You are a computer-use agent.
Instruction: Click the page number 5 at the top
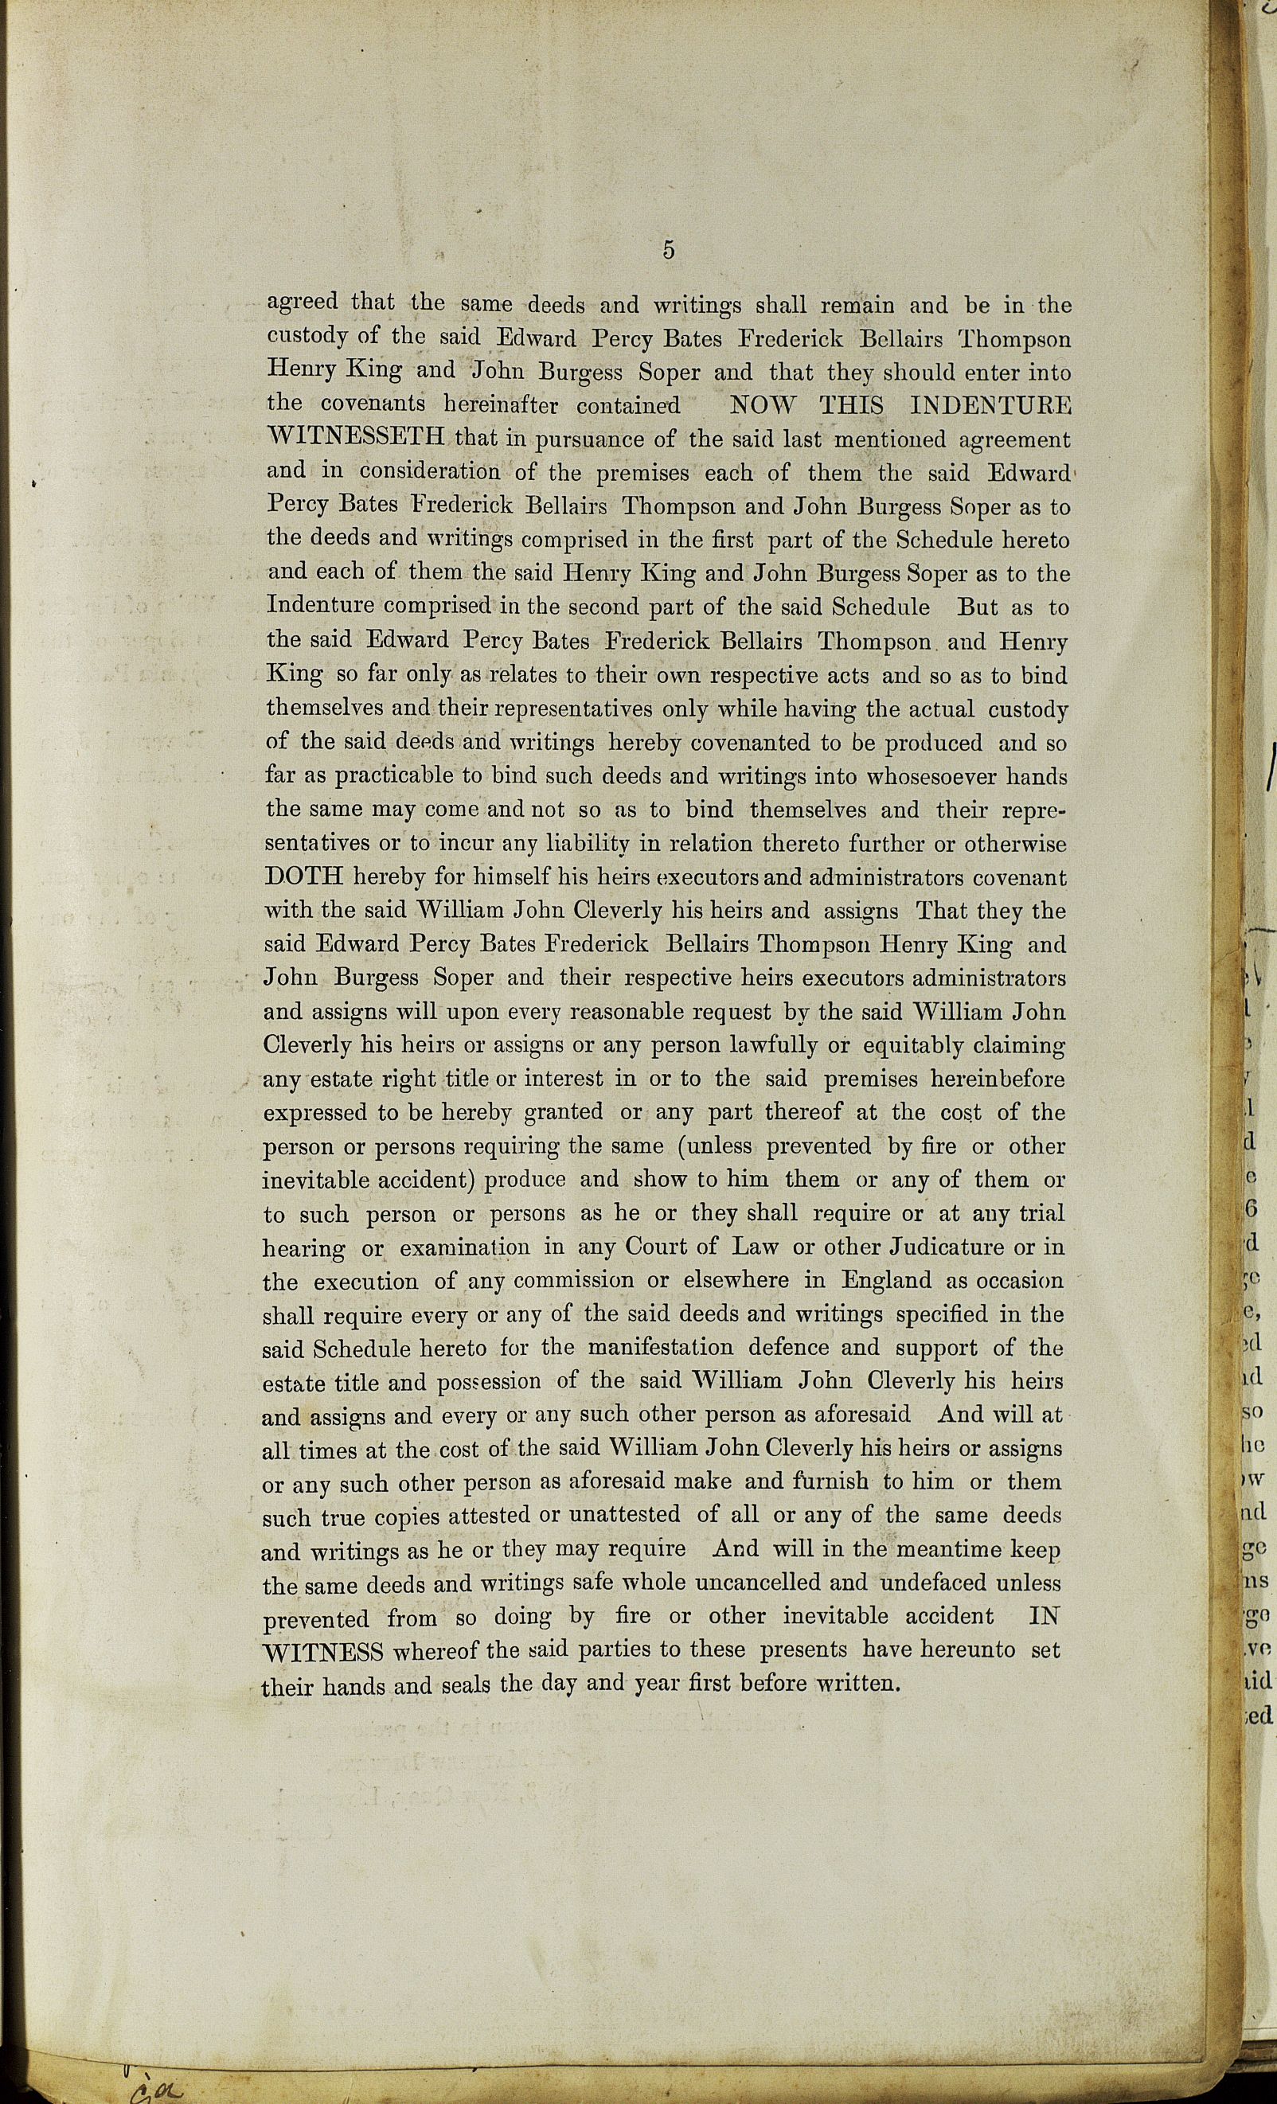668,250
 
